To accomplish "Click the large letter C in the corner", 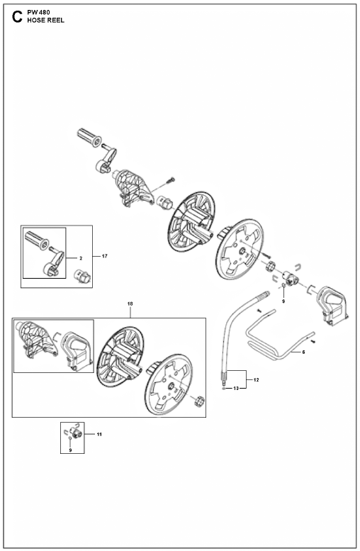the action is [17, 17].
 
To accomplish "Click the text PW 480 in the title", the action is [39, 12].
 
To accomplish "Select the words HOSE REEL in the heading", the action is [45, 21].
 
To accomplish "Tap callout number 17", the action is [105, 256].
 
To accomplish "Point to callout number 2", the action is [81, 258].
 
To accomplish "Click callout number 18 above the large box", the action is [130, 304].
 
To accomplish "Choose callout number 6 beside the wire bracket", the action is [303, 352].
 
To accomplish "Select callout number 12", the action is [256, 380].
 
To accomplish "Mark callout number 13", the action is [236, 389].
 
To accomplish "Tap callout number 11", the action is [99, 435].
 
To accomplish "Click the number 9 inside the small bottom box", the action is [70, 450].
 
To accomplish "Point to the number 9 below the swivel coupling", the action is [283, 301].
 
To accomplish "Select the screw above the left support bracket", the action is [171, 180].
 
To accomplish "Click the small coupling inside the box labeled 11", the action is [77, 433].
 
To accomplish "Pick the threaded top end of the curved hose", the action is [264, 294].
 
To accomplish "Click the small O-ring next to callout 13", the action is [224, 389].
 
